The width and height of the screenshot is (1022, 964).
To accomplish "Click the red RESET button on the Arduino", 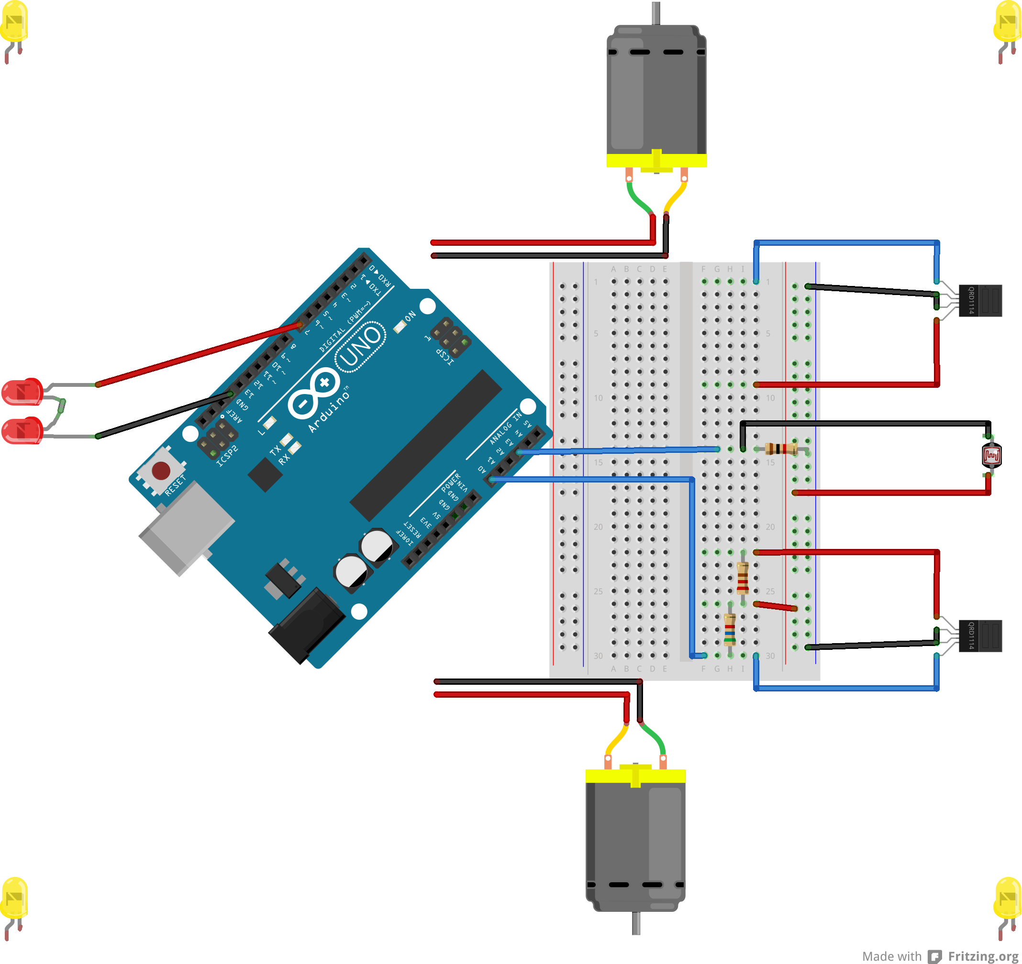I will (161, 470).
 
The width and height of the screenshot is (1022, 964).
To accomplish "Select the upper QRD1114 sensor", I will (980, 301).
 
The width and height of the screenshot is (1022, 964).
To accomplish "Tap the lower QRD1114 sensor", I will (980, 635).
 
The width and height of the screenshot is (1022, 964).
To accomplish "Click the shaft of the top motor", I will (655, 13).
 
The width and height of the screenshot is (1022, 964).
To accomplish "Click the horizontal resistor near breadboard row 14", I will (780, 449).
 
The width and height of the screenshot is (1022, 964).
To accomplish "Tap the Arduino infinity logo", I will (313, 393).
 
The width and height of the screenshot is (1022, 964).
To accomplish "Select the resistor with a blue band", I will (730, 629).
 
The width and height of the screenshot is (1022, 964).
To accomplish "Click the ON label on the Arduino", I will (410, 317).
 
